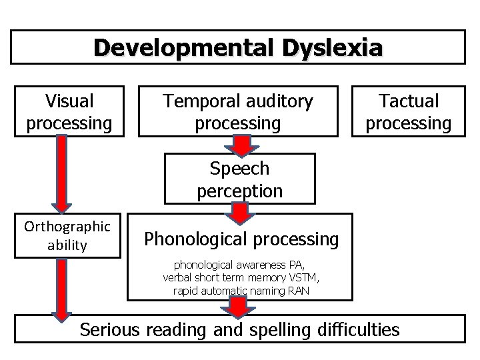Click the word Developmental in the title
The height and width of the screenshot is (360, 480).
[x=175, y=48]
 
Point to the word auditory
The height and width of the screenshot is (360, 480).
[x=280, y=102]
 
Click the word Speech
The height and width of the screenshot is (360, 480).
[x=239, y=168]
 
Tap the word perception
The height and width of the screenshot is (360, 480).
[x=239, y=191]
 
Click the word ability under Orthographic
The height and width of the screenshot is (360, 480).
[x=67, y=245]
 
